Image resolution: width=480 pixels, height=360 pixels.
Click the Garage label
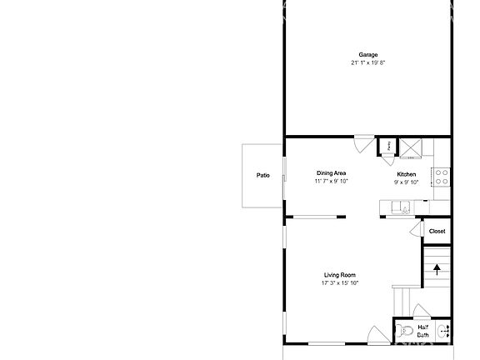click(x=367, y=55)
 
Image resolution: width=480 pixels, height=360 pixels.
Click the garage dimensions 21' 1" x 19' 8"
click(x=367, y=62)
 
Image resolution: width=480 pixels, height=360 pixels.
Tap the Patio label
click(x=263, y=176)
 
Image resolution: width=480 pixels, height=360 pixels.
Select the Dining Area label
click(x=331, y=173)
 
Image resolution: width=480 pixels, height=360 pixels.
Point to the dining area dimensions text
click(x=331, y=181)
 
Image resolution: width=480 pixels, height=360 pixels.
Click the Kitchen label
click(x=406, y=174)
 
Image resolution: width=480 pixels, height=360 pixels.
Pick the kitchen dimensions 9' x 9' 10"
click(x=406, y=182)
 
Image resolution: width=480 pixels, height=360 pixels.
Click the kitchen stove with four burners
click(x=442, y=177)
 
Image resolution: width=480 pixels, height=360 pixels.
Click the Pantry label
click(x=387, y=146)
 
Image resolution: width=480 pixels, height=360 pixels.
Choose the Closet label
click(x=437, y=231)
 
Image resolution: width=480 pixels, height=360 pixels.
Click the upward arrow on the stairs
click(x=437, y=267)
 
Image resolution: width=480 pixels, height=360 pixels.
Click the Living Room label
click(x=340, y=275)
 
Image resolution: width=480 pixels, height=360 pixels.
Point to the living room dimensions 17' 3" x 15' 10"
click(x=340, y=283)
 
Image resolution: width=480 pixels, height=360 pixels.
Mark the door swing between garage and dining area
click(x=363, y=143)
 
